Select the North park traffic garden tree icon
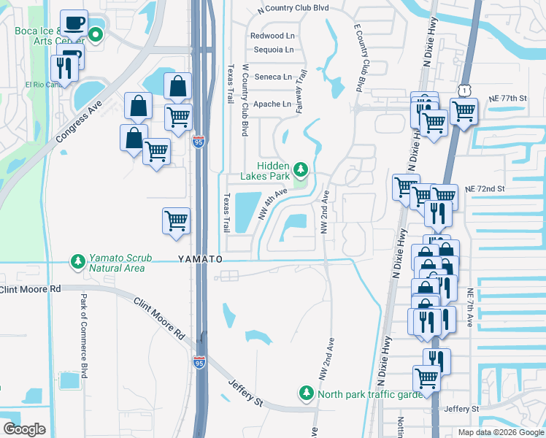(306, 393)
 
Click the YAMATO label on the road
(199, 259)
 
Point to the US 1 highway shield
(464, 89)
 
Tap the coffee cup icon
(73, 23)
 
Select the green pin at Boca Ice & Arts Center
(96, 34)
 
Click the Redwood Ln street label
(272, 36)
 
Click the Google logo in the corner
(25, 429)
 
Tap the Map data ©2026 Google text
(500, 432)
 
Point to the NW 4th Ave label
(274, 204)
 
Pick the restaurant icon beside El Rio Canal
(65, 69)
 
